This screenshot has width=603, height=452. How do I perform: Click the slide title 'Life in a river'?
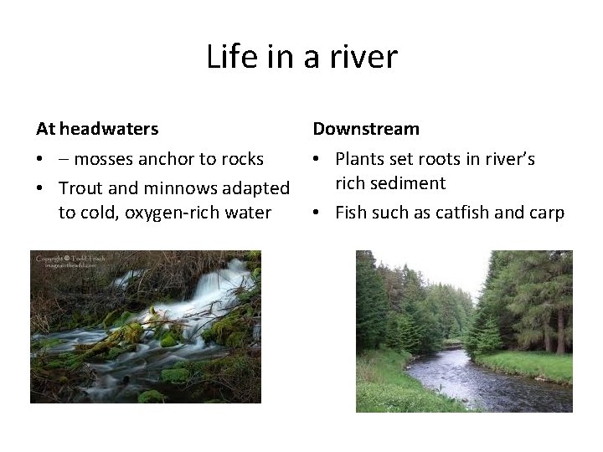(301, 57)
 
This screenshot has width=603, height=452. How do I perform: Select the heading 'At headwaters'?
(97, 129)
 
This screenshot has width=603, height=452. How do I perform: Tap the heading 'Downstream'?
(366, 129)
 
